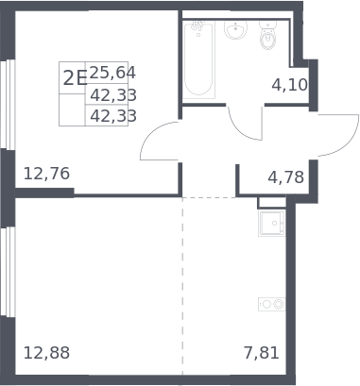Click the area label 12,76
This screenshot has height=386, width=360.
46,174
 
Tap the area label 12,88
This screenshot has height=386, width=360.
46,353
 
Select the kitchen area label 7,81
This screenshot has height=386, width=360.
262,353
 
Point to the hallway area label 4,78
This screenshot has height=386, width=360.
286,177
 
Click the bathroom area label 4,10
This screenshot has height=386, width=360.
290,85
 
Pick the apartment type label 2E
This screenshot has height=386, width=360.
75,78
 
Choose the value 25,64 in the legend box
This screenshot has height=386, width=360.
112,73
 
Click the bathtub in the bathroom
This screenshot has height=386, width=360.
198,59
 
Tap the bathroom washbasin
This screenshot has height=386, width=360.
235,30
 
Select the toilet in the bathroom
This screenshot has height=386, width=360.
267,35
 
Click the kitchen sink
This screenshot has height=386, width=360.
272,224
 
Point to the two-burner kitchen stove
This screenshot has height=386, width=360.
272,304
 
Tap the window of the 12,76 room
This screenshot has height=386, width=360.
8,104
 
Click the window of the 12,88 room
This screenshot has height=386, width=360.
8,272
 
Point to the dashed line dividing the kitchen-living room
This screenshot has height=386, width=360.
182,286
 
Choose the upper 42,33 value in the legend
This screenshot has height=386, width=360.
113,95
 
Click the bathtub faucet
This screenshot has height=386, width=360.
197,25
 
